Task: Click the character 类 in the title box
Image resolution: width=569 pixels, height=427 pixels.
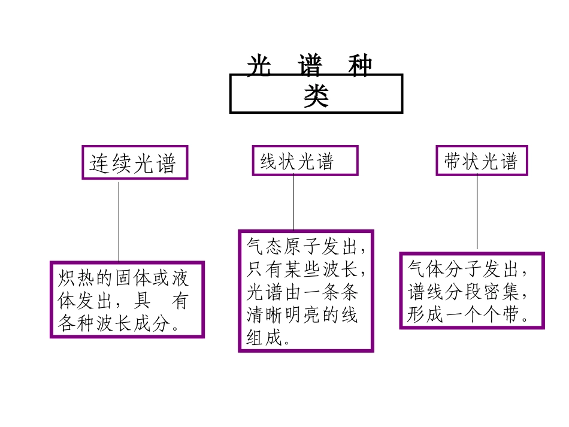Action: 316,96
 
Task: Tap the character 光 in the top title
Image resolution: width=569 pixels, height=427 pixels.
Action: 259,65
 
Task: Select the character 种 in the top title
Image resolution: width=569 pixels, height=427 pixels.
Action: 360,65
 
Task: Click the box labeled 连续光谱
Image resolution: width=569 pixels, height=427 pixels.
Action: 135,162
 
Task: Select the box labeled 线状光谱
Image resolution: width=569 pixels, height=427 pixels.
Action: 305,160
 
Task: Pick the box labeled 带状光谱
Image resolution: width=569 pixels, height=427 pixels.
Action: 482,160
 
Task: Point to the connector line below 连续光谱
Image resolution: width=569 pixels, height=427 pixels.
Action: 119,222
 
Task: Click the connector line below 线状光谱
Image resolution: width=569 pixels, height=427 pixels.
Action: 293,202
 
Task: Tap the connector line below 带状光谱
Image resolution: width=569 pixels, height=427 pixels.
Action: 477,211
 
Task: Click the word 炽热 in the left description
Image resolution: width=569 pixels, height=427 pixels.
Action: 76,278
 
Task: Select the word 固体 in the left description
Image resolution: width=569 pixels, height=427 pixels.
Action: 133,278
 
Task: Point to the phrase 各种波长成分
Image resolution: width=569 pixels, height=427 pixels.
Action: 114,323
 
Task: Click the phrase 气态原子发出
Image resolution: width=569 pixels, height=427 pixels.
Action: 301,247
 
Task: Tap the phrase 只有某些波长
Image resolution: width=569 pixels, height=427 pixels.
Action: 301,269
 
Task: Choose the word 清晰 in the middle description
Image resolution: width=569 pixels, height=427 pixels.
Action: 265,315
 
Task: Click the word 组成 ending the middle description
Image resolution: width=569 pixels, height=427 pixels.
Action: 264,338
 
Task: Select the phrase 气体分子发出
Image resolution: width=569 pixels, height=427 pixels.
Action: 463,269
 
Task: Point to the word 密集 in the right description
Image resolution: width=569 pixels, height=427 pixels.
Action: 501,292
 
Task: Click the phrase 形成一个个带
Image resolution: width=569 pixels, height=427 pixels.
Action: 463,314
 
